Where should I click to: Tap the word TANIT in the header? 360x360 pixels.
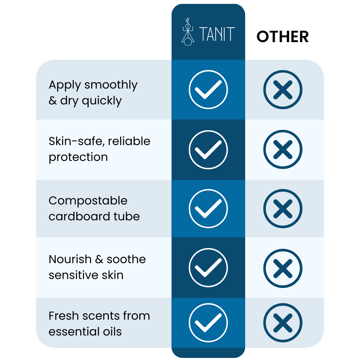pos(217,34)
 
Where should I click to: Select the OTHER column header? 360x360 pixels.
pos(283,37)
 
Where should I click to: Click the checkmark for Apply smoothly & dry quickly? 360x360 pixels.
pos(208,90)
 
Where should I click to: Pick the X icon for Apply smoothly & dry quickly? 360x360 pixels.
pos(283,90)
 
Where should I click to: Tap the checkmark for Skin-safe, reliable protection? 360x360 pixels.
pos(208,150)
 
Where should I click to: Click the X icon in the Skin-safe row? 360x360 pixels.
pos(283,149)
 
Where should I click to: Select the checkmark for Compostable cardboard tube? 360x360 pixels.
pos(208,208)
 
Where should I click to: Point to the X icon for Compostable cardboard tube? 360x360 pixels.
pos(283,208)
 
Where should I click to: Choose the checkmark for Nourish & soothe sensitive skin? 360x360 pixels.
pos(208,267)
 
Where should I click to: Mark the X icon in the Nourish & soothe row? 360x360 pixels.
pos(283,268)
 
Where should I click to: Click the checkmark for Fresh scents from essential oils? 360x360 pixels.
pos(208,323)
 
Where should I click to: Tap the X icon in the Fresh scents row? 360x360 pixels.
pos(283,323)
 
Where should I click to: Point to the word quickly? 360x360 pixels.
pos(102,101)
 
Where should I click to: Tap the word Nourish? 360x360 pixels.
pos(70,260)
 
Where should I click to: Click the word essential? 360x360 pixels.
pos(74,332)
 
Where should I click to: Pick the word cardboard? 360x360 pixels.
pos(80,216)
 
